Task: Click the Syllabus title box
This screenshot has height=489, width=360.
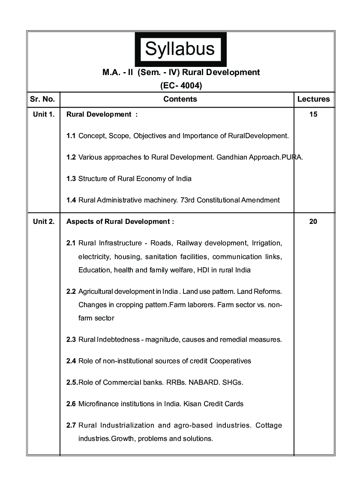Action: (180, 49)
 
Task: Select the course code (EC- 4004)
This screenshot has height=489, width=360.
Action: (181, 85)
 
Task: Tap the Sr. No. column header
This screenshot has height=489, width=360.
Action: (42, 99)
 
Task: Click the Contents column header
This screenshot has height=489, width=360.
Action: (180, 99)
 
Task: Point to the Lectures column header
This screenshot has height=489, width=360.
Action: (313, 99)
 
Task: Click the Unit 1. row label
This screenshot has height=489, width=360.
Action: (44, 114)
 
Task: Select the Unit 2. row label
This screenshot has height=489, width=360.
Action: (44, 222)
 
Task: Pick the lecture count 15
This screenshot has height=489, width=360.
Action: (313, 114)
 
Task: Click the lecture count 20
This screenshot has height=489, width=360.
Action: (313, 222)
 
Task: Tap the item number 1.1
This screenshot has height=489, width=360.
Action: (71, 136)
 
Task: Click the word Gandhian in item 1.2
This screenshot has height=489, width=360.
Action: (231, 157)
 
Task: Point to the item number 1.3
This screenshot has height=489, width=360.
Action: (71, 178)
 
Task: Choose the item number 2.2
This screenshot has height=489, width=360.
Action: (71, 292)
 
